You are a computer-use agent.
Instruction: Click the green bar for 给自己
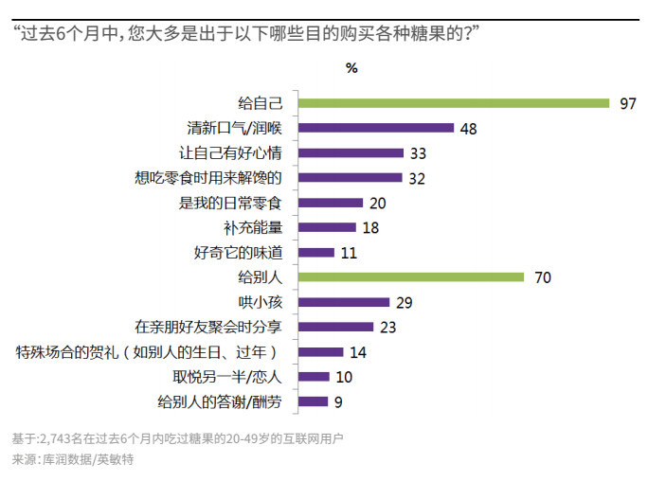pos(454,103)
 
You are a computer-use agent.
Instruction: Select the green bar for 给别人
pos(411,277)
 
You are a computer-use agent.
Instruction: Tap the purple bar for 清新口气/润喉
pos(376,128)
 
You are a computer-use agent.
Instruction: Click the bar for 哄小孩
pos(344,302)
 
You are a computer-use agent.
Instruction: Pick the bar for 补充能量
pos(327,227)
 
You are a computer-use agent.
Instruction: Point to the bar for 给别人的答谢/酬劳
pos(313,401)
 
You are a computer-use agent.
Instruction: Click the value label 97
pos(627,103)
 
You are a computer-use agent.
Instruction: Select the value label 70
pos(542,277)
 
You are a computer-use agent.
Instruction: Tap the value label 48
pos(468,128)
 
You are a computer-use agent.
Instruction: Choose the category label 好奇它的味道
pos(238,253)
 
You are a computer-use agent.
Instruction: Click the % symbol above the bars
pos(351,68)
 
